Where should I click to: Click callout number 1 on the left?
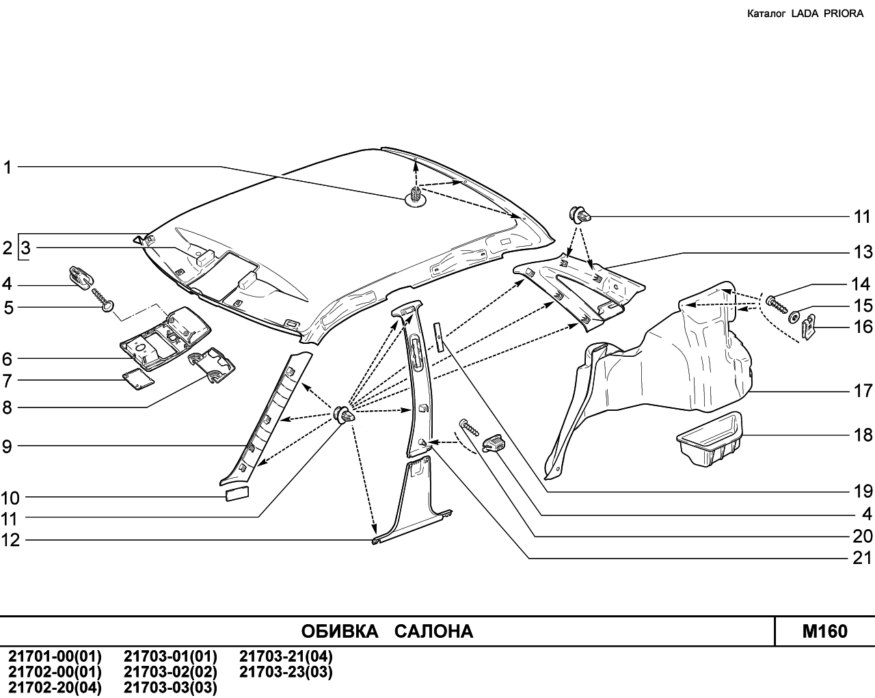coord(8,167)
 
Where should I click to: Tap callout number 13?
coord(863,252)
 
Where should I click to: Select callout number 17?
coord(863,391)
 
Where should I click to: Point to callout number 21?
coord(863,558)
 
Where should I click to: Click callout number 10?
coord(10,498)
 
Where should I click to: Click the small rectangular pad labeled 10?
coord(237,494)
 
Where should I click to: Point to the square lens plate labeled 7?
coord(139,379)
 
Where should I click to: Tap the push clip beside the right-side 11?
coord(579,215)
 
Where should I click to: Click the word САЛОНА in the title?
coord(433,631)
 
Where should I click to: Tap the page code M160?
coord(825,631)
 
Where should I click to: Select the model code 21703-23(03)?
coord(286,672)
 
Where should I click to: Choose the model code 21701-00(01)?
coord(55,656)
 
